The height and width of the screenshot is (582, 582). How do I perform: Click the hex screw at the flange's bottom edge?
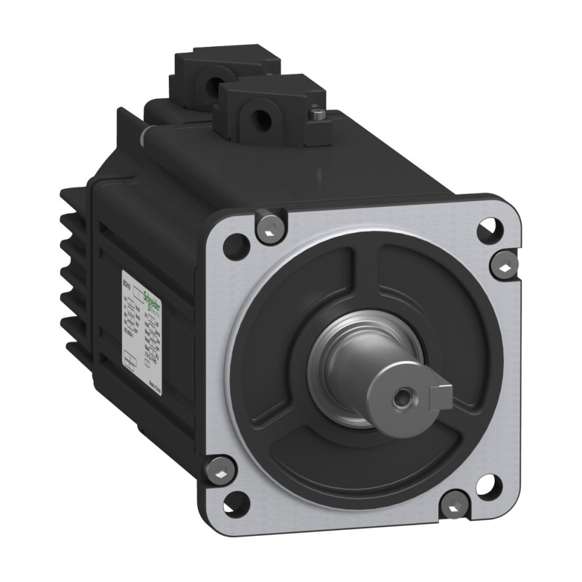457,503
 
